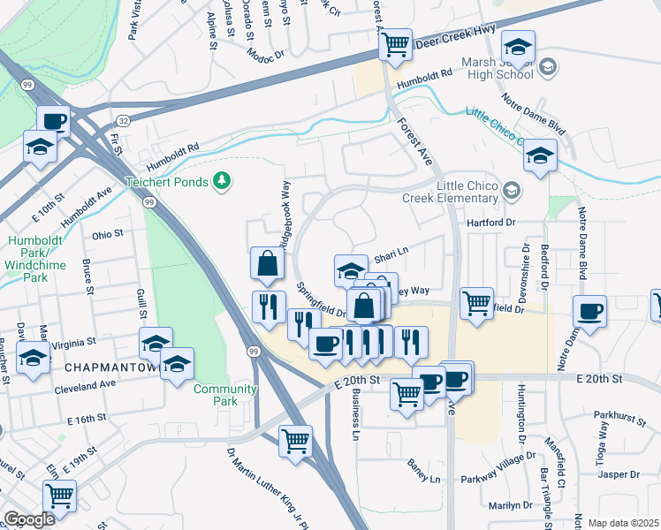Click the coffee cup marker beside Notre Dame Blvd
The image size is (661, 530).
[589, 311]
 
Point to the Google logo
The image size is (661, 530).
[29, 519]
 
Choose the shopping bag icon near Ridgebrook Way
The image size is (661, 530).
[268, 262]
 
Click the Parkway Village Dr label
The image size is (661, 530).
[497, 480]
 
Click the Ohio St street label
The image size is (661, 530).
[107, 236]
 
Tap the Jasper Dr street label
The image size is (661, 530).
[618, 474]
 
